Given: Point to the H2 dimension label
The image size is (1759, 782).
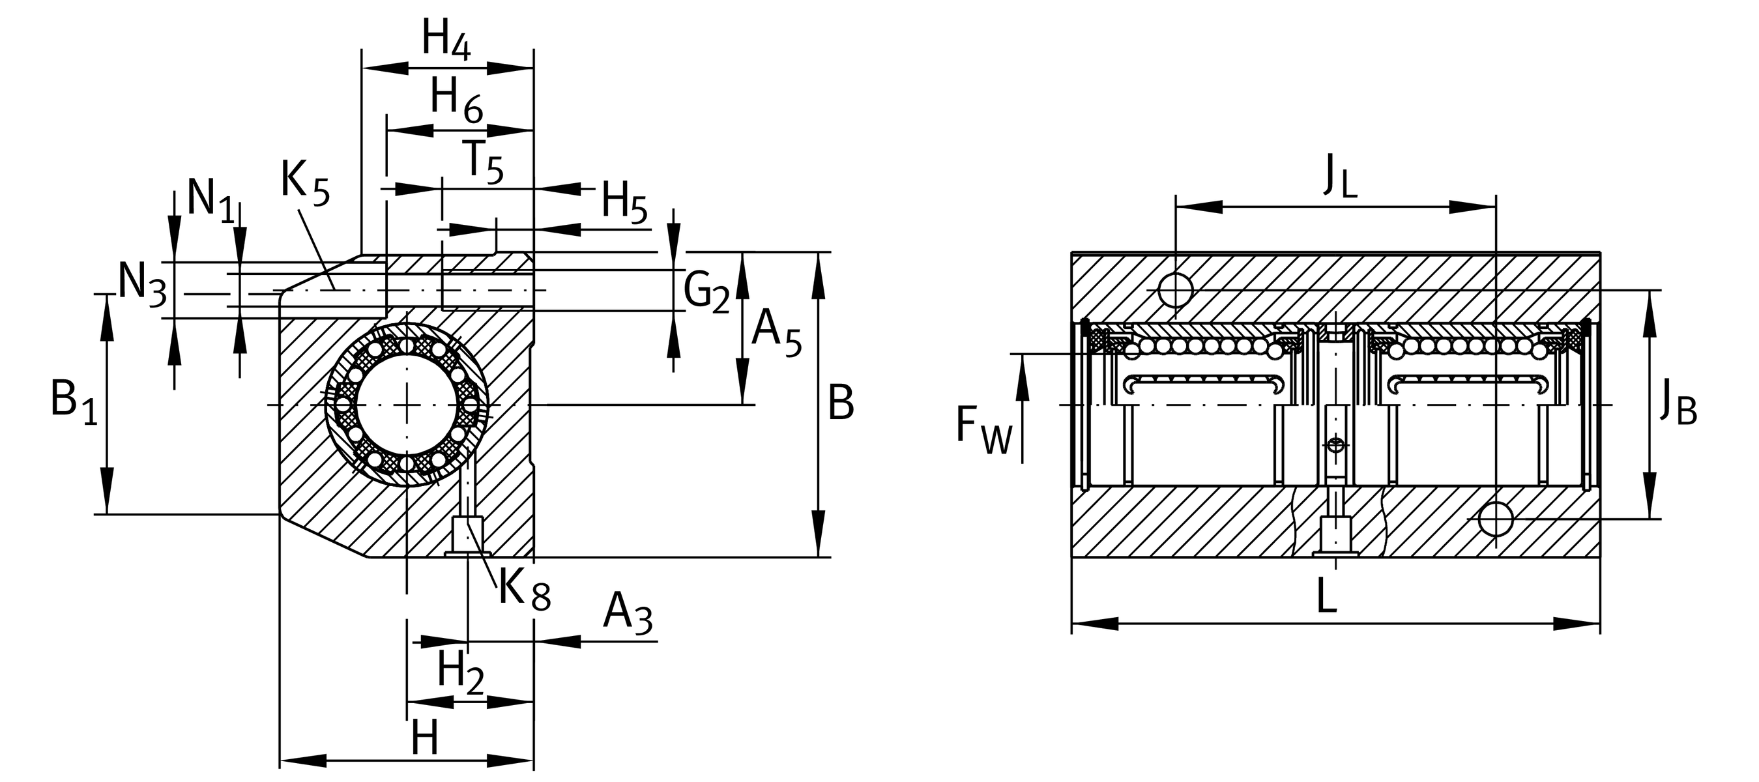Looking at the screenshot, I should [460, 673].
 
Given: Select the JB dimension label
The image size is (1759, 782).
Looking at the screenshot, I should [1678, 405].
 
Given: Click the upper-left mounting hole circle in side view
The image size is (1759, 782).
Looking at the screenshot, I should [1175, 290].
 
